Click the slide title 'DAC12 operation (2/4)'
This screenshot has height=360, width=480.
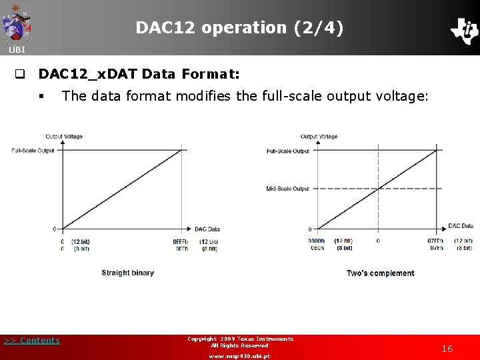coord(239,28)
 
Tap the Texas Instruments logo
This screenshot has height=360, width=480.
coord(464,30)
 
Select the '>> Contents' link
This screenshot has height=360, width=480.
coord(31,341)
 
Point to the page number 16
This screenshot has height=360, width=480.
coord(447,349)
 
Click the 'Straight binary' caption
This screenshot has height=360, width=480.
coord(127,273)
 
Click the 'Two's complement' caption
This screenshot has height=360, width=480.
coord(380,273)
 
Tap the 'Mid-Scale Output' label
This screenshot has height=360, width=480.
coord(287,189)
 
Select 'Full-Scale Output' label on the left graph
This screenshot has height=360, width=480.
coord(33,150)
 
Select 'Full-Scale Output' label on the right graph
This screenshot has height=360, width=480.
coord(287,151)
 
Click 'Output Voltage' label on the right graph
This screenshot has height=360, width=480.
coord(319,137)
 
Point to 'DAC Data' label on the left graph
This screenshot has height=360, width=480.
coord(207,229)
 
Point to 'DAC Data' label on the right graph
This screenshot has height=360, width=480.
coord(461,226)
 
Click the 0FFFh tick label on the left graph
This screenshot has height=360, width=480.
coord(181,241)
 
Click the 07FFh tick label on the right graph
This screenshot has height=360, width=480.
coord(435,241)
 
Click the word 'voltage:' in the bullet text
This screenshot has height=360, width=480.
coord(403,96)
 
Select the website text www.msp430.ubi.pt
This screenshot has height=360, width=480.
coord(239,356)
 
